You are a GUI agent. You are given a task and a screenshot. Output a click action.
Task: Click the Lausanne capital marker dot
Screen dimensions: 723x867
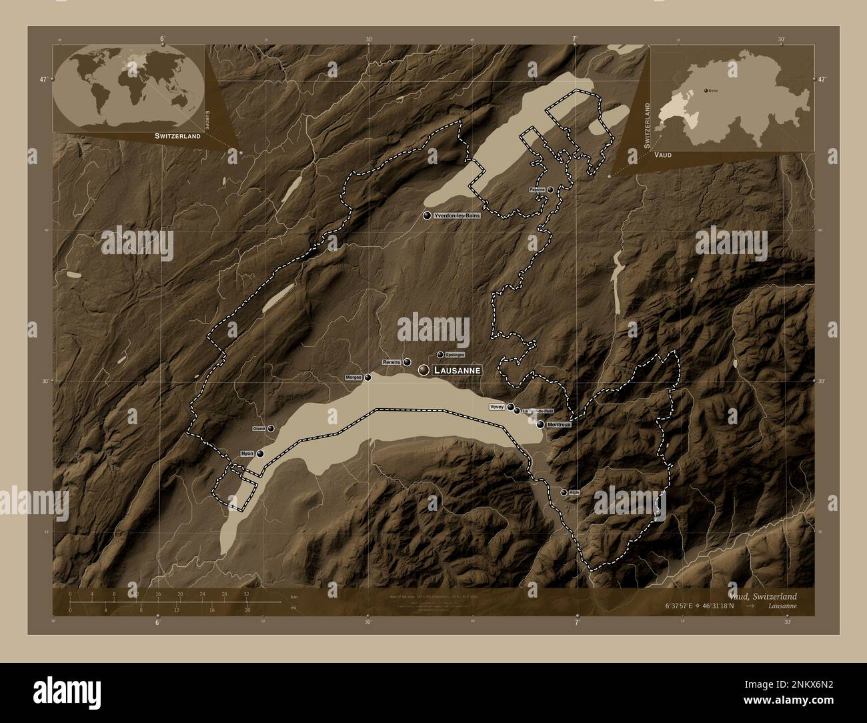click(x=423, y=370)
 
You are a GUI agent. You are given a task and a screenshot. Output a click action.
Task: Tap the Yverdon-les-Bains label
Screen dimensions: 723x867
click(x=457, y=216)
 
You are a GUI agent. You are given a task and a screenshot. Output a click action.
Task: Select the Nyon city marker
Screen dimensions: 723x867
click(x=260, y=454)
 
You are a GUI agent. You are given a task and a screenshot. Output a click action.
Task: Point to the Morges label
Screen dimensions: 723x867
click(x=353, y=378)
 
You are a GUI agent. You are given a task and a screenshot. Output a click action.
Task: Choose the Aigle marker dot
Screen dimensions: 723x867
click(x=564, y=492)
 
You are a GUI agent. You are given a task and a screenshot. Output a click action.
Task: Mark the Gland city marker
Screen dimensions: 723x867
click(x=271, y=428)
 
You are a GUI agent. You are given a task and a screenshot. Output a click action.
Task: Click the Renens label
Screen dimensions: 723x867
click(x=391, y=361)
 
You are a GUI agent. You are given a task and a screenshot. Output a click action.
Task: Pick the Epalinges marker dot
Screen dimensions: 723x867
click(x=440, y=355)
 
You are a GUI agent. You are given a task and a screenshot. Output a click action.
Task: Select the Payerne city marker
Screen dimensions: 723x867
click(x=550, y=190)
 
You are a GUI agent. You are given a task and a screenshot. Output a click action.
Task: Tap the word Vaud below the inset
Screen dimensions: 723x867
click(x=663, y=155)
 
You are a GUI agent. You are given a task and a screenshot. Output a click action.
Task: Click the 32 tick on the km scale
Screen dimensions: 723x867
click(x=246, y=594)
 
